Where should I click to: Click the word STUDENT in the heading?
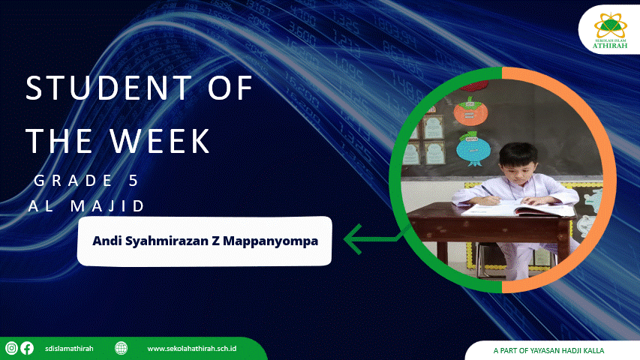108,87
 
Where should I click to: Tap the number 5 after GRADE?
134,181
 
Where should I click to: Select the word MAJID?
107,205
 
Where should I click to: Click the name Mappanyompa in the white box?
271,241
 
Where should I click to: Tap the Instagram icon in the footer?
11,348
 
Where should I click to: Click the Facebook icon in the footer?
27,348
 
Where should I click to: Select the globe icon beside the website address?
121,348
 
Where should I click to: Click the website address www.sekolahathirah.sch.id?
192,349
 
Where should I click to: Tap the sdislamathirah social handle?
69,349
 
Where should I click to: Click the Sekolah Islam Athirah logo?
610,31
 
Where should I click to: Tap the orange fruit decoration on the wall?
470,110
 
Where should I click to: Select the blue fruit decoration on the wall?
472,148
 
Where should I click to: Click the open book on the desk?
518,208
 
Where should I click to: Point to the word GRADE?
73,181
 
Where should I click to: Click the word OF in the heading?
230,87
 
